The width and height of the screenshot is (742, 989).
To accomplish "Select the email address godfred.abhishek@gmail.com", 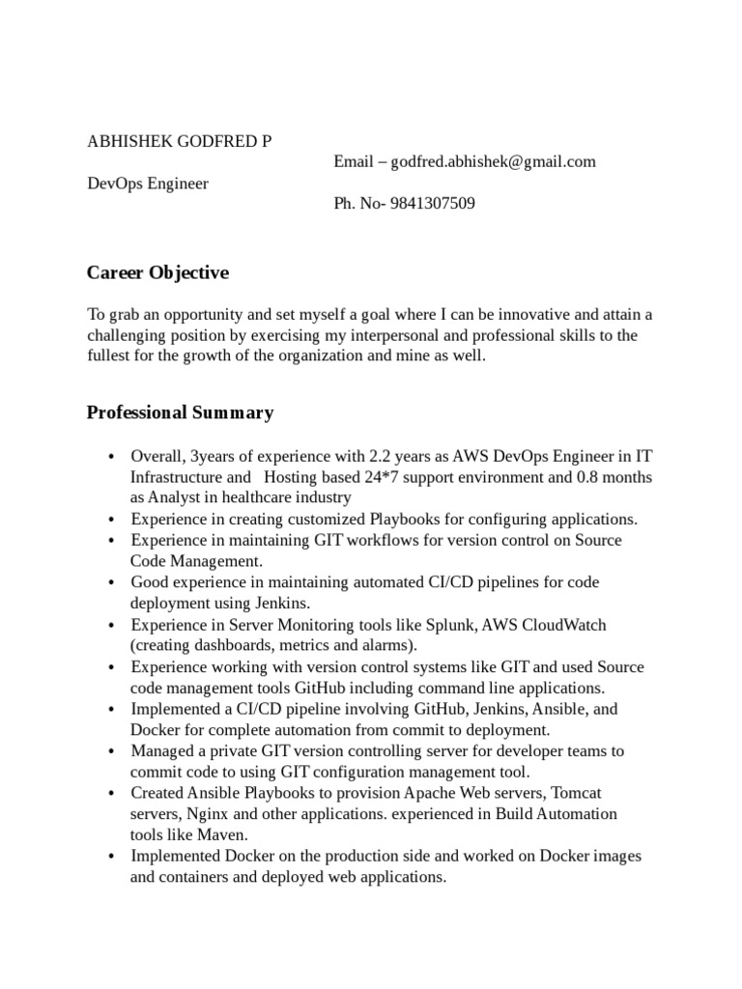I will pos(494,161).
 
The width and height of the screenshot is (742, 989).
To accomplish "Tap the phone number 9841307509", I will pos(433,204).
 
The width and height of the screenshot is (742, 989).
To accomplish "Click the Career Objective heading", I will pos(157,273).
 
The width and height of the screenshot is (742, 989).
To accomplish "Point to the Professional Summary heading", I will pos(180,413).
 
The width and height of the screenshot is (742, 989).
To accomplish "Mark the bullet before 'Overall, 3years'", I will pos(112,456).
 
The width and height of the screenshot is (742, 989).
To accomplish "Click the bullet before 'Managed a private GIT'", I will pos(112,751).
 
